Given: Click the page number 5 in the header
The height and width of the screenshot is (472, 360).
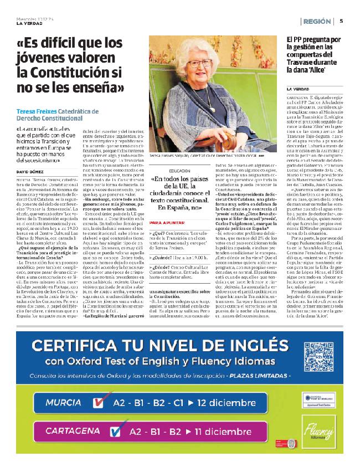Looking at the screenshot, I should pyautogui.click(x=341, y=22).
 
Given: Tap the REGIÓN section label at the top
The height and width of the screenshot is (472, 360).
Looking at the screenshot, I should pyautogui.click(x=318, y=22).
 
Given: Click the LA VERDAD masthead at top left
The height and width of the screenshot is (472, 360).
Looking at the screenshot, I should pyautogui.click(x=28, y=23).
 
